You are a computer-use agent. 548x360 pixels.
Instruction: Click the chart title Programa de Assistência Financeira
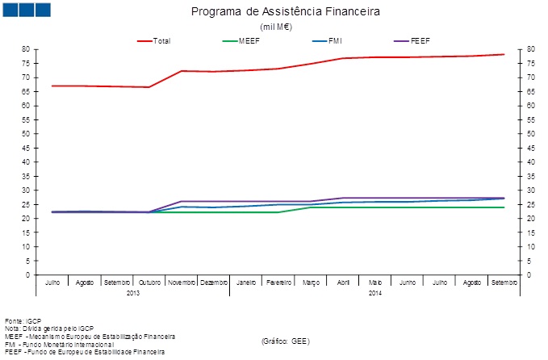click(x=285, y=12)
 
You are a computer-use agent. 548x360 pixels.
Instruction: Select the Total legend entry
click(x=161, y=40)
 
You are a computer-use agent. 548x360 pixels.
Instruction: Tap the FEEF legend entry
click(x=420, y=40)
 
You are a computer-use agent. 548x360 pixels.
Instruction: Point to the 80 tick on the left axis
click(x=26, y=49)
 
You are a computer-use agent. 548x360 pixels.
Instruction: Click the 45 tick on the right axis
click(x=530, y=148)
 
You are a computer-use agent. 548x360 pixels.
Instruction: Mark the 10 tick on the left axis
click(x=26, y=247)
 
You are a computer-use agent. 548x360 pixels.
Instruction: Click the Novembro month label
click(x=182, y=283)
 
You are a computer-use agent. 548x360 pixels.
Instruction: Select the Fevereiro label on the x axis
click(x=278, y=283)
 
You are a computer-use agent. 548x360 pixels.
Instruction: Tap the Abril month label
click(x=343, y=283)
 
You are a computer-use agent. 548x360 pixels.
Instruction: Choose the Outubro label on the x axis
click(x=149, y=283)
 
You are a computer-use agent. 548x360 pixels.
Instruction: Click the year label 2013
click(x=133, y=293)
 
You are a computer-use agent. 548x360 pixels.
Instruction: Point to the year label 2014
click(x=375, y=293)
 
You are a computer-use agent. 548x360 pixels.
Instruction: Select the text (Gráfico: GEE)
click(x=285, y=341)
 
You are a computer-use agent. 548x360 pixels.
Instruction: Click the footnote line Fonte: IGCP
click(x=23, y=320)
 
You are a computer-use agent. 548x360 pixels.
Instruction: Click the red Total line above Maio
click(x=375, y=57)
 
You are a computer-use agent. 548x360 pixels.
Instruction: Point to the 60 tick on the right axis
click(x=530, y=106)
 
